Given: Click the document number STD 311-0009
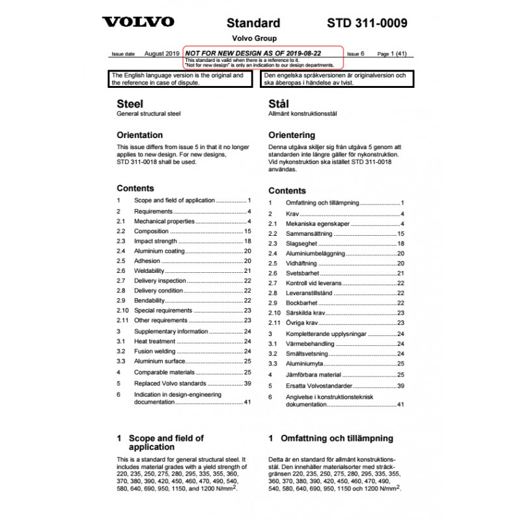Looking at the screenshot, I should (367, 23).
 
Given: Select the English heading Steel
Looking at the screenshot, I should (130, 104).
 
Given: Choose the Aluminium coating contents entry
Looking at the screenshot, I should (160, 251).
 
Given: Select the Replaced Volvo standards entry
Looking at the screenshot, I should (169, 383).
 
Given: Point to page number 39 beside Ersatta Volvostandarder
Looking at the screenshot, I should (401, 386).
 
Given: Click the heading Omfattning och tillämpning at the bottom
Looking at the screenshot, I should (337, 438).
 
